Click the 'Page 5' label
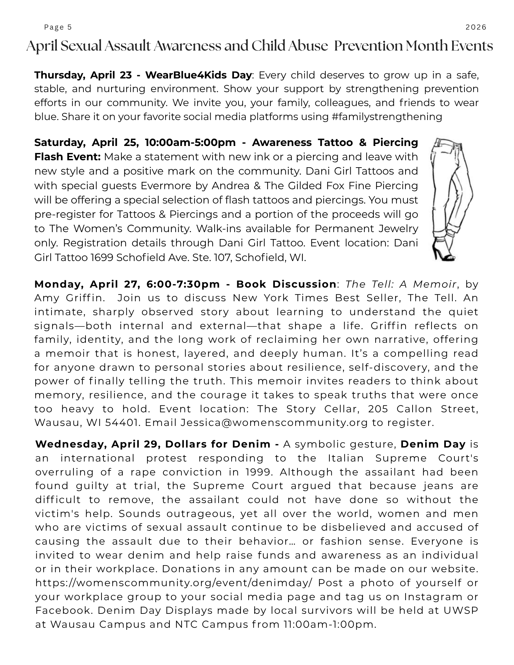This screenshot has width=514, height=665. (x=58, y=27)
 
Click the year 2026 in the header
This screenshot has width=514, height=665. (x=476, y=27)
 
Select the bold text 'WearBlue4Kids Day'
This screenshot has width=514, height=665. (x=198, y=75)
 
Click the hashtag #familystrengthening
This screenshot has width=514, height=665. (x=387, y=117)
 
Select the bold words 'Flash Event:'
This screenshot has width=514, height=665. (x=68, y=157)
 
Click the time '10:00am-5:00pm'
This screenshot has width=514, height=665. (x=190, y=142)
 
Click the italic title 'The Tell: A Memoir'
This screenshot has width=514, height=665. (x=401, y=284)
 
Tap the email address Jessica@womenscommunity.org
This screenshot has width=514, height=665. (x=274, y=423)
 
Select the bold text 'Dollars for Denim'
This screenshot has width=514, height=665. (x=218, y=444)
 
